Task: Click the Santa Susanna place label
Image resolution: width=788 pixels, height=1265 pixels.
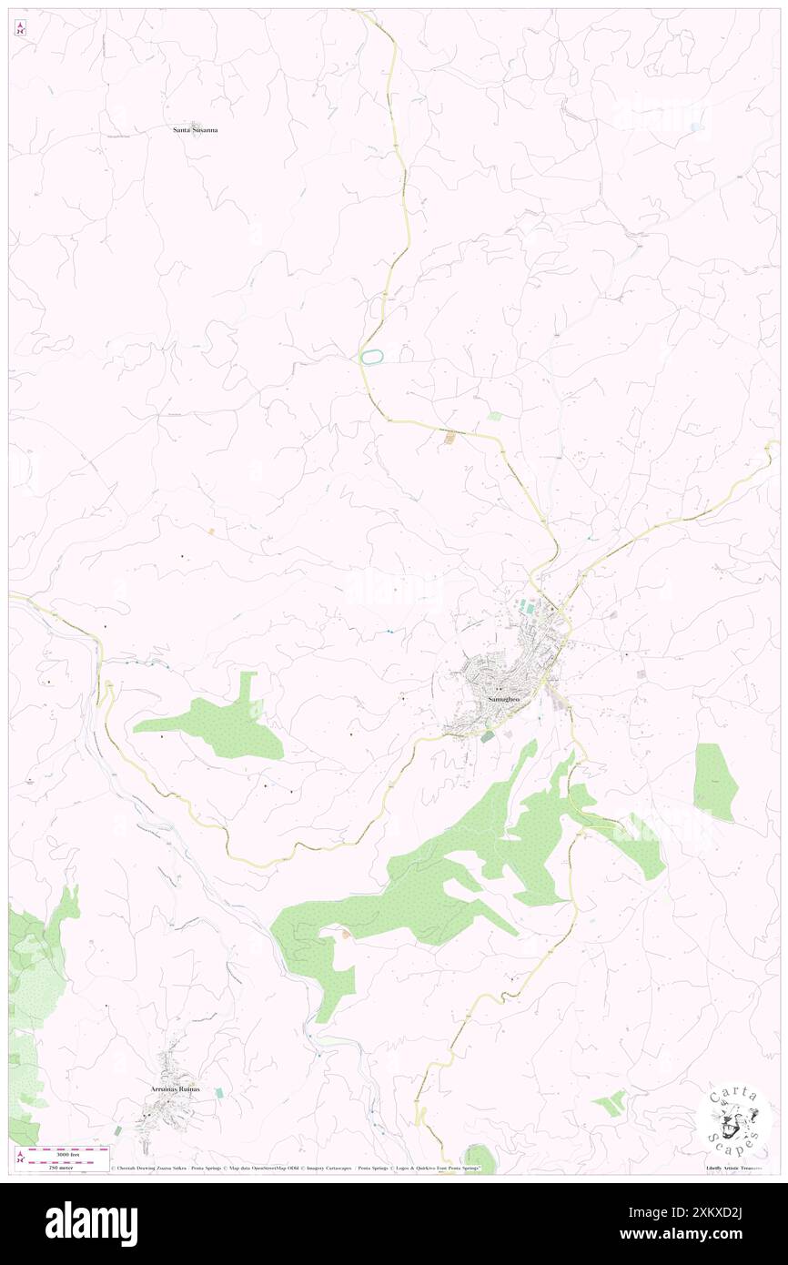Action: pyautogui.click(x=196, y=130)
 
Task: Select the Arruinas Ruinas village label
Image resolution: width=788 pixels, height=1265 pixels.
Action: pyautogui.click(x=174, y=1088)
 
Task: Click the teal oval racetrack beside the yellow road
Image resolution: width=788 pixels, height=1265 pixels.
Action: pyautogui.click(x=370, y=358)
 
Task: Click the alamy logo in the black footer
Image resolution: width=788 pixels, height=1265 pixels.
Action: pyautogui.click(x=91, y=1224)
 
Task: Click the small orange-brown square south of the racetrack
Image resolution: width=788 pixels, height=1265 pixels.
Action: pyautogui.click(x=449, y=439)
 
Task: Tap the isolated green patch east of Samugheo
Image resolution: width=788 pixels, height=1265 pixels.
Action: pyautogui.click(x=714, y=781)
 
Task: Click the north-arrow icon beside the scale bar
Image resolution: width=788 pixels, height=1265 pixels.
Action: pyautogui.click(x=20, y=1156)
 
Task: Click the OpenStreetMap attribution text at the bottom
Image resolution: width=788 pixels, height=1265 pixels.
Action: pyautogui.click(x=273, y=1168)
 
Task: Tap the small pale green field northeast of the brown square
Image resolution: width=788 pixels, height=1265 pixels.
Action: pyautogui.click(x=494, y=416)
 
